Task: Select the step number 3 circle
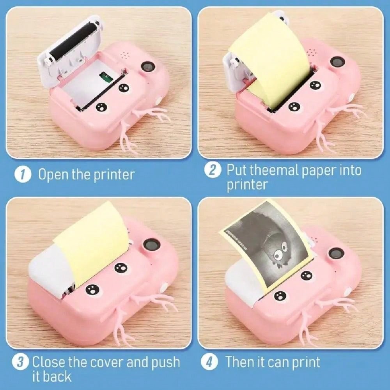pos(23,362)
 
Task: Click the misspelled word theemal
pos(271,171)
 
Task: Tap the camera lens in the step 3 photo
pos(151,245)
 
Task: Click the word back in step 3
pos(57,377)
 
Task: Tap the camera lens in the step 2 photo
pos(337,62)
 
